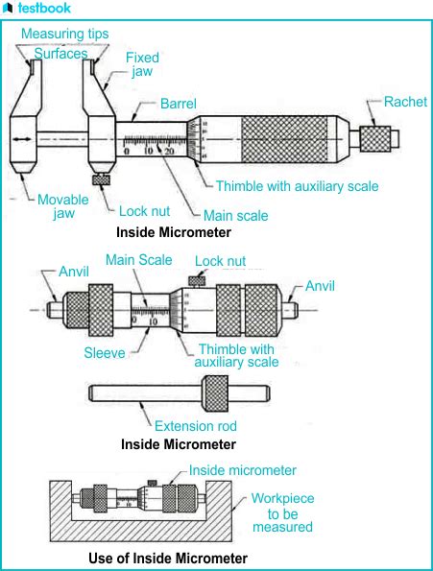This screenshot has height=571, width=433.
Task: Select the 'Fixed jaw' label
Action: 142,65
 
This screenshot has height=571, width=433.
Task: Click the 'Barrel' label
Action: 180,103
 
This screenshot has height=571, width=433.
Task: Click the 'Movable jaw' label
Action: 63,206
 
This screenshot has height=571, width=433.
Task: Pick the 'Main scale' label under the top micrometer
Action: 236,216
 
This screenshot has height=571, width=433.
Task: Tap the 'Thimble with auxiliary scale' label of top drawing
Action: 297,186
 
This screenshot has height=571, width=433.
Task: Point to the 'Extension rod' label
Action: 196,425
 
